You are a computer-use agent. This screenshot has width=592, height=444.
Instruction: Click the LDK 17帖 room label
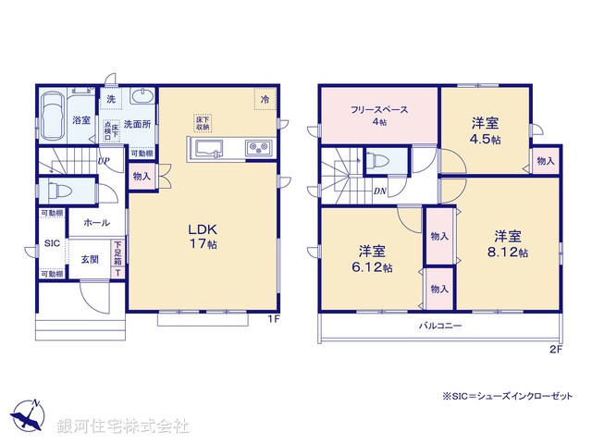(203, 237)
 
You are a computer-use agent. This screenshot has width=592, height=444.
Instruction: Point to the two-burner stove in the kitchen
(256, 148)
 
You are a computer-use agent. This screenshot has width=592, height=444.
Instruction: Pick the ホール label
(96, 223)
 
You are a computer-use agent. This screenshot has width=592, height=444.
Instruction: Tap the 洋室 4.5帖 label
(486, 129)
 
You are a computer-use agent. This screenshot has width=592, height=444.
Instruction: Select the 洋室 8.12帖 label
(509, 242)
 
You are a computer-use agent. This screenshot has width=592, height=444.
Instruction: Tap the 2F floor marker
(555, 349)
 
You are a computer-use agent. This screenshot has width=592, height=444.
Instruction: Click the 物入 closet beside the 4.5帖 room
(545, 161)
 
